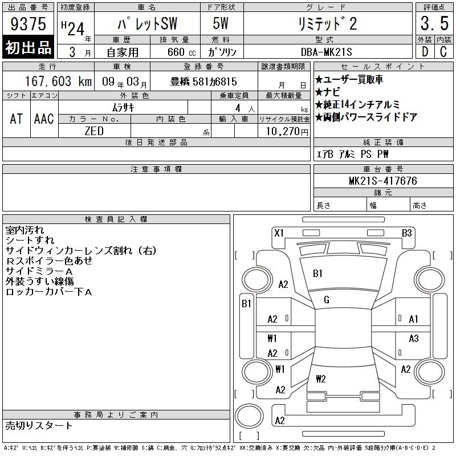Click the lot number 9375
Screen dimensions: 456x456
[x=28, y=24]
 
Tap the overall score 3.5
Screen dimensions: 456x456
[x=434, y=23]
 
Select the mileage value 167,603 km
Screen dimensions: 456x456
[x=59, y=81]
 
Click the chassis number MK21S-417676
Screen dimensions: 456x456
[x=383, y=181]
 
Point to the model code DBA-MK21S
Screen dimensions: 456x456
[x=326, y=52]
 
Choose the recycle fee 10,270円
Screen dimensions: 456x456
[x=287, y=132]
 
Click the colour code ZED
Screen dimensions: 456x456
[x=94, y=131]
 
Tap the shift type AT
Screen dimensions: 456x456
[x=17, y=119]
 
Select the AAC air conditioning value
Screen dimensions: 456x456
[x=44, y=119]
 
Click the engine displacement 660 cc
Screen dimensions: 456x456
[x=182, y=52]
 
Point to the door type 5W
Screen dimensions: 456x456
[x=221, y=23]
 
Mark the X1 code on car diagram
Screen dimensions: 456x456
[x=279, y=233]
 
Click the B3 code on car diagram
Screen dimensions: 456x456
[x=407, y=233]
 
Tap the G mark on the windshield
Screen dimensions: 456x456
[x=327, y=300]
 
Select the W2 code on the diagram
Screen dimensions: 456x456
[x=321, y=378]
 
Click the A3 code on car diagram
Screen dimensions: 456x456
[x=414, y=338]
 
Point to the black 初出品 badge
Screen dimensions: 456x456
[x=28, y=47]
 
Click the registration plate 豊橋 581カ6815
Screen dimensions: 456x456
[x=203, y=82]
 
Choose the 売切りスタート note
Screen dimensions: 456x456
[x=39, y=425]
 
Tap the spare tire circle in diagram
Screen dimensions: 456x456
[x=249, y=417]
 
